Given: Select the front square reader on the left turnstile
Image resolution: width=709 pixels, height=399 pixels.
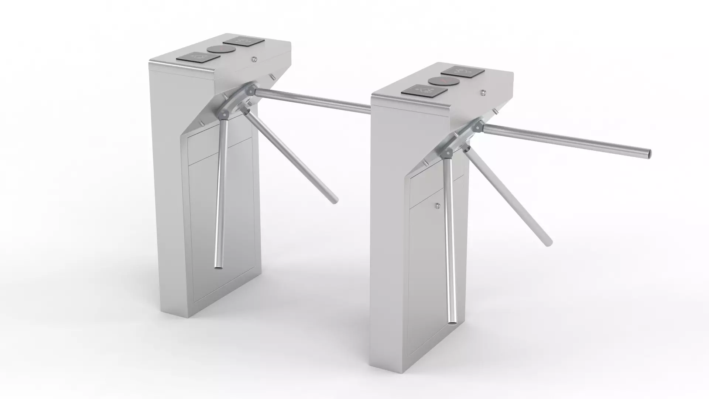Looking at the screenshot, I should pyautogui.click(x=198, y=57).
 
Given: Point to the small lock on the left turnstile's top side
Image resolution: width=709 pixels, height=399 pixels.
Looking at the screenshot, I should pyautogui.click(x=255, y=59).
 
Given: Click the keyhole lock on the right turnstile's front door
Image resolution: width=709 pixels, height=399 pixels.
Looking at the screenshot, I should pyautogui.click(x=438, y=205).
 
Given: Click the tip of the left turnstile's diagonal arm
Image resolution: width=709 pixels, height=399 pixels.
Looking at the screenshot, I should pyautogui.click(x=335, y=200).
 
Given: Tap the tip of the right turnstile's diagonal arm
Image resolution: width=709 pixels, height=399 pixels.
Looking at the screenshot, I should pyautogui.click(x=549, y=242).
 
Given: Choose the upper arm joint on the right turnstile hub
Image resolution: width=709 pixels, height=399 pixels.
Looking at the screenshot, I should pyautogui.click(x=477, y=126).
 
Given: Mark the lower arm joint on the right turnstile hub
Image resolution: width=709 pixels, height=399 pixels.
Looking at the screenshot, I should pyautogui.click(x=449, y=152).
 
